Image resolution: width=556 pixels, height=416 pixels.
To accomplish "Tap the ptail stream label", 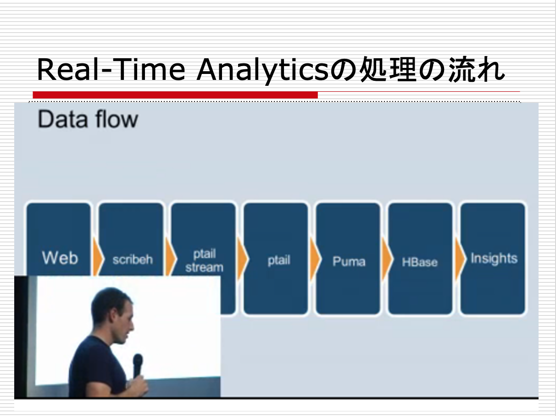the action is (x=204, y=261).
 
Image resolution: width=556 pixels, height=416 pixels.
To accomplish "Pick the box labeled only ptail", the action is (x=276, y=259).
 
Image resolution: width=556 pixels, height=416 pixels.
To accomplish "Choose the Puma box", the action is (x=348, y=259).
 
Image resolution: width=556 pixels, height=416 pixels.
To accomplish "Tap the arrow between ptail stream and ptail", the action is (x=242, y=259).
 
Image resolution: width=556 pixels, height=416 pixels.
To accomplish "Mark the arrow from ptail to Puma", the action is (x=315, y=259).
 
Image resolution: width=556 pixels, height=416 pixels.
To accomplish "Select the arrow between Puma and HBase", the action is (x=387, y=259).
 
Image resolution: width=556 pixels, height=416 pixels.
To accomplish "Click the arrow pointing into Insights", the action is (x=460, y=259).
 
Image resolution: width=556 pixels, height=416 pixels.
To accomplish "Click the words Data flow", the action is (x=88, y=119).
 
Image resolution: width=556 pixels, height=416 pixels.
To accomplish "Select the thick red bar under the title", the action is (x=175, y=95).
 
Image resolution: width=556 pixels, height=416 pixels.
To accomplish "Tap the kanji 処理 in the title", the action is (x=388, y=69).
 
